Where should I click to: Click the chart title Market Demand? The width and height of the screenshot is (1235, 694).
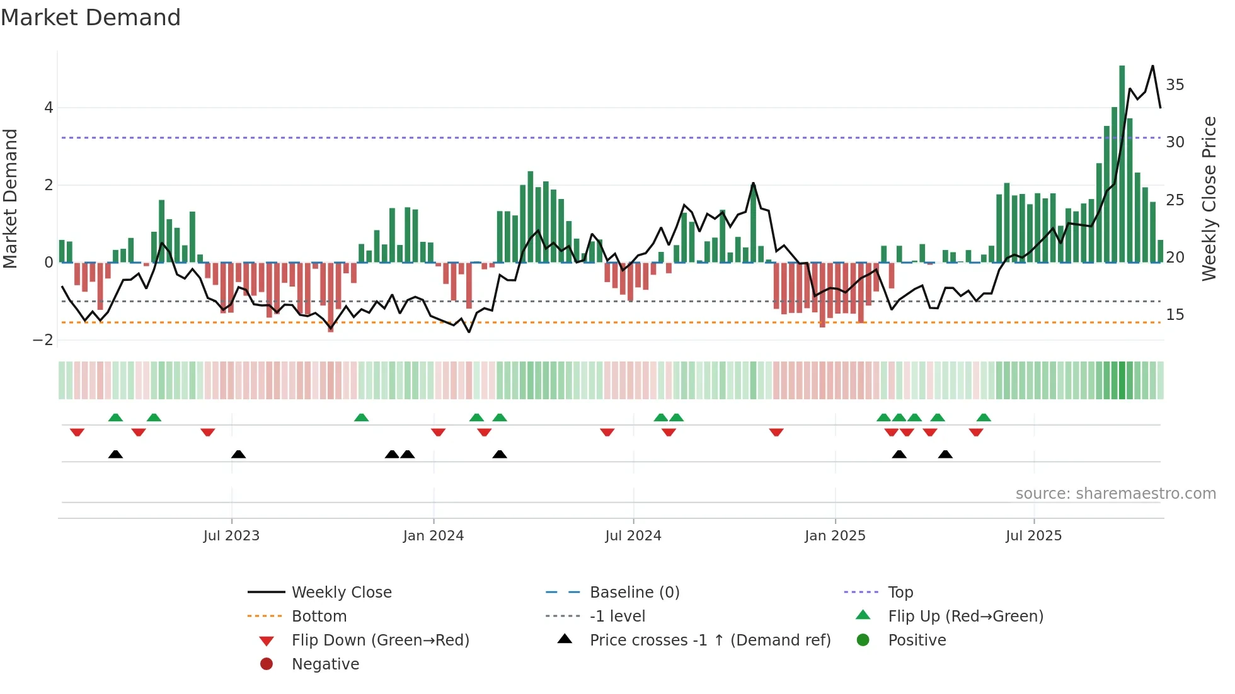click(x=91, y=18)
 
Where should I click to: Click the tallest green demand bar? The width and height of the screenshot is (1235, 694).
click(x=1122, y=164)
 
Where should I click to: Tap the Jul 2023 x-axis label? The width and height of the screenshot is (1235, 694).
click(x=231, y=536)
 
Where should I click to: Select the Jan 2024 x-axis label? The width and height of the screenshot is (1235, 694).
click(x=434, y=536)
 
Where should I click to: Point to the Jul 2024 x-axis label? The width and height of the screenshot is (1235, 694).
click(x=633, y=536)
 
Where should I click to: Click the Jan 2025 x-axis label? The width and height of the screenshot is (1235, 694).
click(x=835, y=536)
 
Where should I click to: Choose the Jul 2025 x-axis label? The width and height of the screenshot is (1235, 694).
click(x=1034, y=536)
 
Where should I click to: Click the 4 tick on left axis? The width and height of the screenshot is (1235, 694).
click(x=49, y=108)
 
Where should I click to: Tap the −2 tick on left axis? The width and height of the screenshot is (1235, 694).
click(x=43, y=340)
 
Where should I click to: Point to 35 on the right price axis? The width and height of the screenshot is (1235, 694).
click(x=1175, y=85)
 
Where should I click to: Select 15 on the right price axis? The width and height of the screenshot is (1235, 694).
click(x=1175, y=315)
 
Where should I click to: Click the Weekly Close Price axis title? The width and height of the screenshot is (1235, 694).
click(x=1209, y=198)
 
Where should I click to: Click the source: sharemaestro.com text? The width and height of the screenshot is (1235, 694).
click(x=1115, y=494)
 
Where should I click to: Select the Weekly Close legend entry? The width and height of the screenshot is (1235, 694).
click(x=341, y=593)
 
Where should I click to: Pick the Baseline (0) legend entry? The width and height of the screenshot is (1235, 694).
click(x=634, y=593)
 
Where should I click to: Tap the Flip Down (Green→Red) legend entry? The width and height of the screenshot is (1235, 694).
click(x=380, y=640)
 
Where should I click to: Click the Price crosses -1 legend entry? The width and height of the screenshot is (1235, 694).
click(x=709, y=640)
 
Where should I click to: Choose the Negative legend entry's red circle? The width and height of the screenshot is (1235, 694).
click(x=267, y=664)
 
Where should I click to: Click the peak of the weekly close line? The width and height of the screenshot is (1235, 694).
click(x=1152, y=66)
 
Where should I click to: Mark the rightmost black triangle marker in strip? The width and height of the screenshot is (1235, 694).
click(x=945, y=455)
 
